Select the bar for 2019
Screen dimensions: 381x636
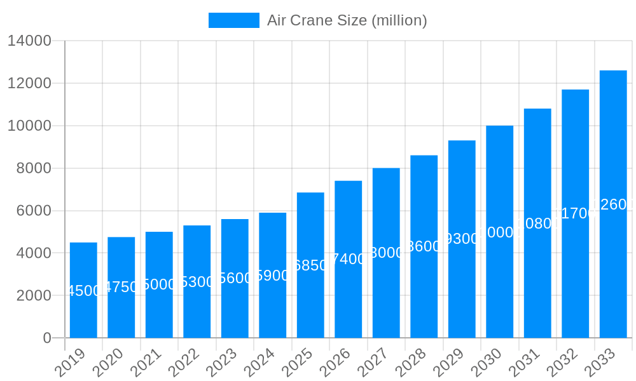[x=83, y=290]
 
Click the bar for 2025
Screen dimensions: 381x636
[x=310, y=265]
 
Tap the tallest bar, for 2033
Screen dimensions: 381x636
[x=613, y=204]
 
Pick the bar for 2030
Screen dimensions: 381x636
[x=499, y=232]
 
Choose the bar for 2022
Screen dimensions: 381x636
[x=197, y=281]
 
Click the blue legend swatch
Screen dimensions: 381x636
[x=234, y=20]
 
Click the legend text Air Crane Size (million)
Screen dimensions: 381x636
[x=347, y=20]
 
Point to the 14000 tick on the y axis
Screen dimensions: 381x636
[x=29, y=41]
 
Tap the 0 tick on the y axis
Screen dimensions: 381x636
[x=47, y=338]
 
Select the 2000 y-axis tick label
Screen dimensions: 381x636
[x=29, y=295]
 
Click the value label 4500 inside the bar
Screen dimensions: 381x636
[x=83, y=291]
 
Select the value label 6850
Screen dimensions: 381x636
[x=310, y=265]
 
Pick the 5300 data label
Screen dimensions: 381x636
[x=197, y=282]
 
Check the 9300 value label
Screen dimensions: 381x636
[x=462, y=239]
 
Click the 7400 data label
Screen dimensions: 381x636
[x=348, y=259]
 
